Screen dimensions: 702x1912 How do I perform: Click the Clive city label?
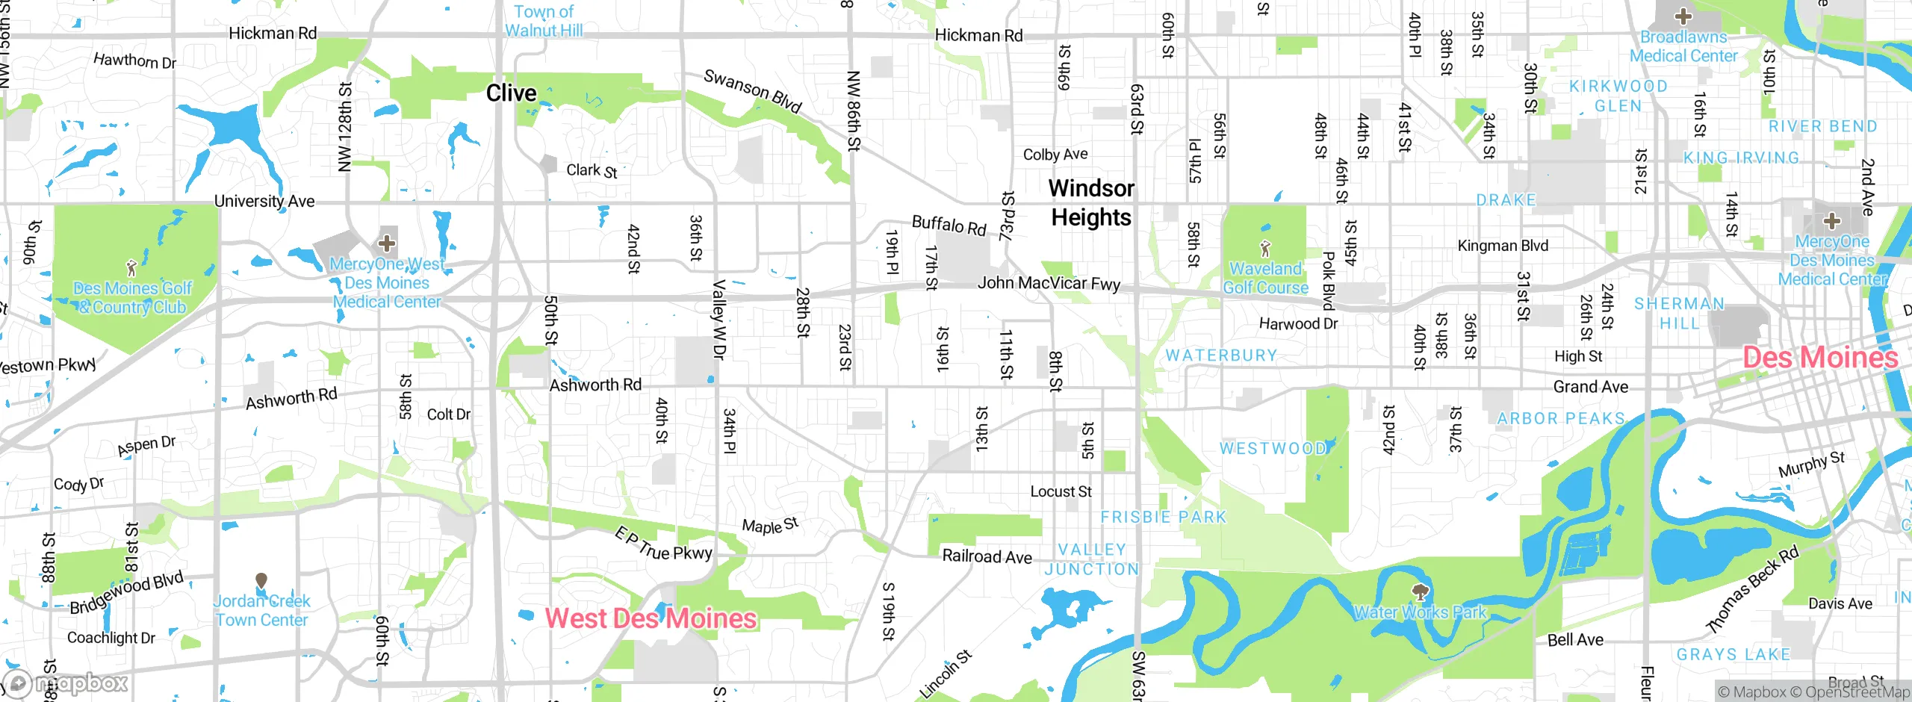point(511,93)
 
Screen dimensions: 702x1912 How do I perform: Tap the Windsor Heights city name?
point(1091,202)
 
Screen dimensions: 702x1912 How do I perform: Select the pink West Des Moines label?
point(651,618)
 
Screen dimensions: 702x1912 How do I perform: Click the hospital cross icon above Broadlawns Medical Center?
point(1683,16)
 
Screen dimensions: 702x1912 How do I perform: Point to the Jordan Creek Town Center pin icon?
point(261,580)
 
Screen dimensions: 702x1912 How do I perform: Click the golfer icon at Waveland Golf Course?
point(1264,248)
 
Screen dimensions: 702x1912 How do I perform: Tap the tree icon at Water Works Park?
point(1420,593)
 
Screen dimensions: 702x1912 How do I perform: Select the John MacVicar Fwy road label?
point(1049,283)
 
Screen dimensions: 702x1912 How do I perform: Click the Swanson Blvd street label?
point(752,91)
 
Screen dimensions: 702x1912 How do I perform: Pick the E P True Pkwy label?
point(662,544)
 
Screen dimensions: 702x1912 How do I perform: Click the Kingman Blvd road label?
point(1503,246)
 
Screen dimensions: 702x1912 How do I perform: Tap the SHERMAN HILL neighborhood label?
point(1679,314)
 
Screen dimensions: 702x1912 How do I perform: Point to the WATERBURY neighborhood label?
point(1221,355)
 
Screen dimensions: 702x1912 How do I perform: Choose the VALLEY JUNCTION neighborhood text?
point(1091,559)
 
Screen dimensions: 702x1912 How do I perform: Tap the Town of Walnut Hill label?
point(544,21)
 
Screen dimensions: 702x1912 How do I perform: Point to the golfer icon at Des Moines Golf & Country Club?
point(131,267)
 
